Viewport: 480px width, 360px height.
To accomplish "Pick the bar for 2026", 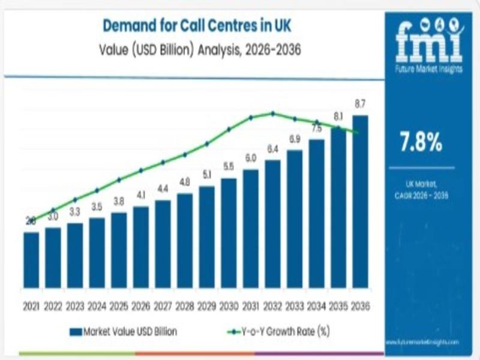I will pos(141,247).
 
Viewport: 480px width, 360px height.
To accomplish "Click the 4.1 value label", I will pos(141,195).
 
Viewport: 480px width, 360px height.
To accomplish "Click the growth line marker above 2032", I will pos(273,113).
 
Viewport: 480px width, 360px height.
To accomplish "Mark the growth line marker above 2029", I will pos(207,143).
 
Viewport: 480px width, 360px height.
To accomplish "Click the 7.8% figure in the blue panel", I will pos(421,143).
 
